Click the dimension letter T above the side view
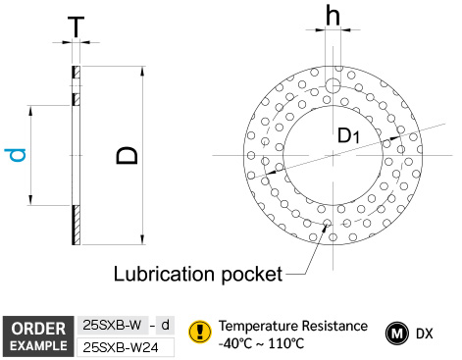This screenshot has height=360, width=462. point(76,27)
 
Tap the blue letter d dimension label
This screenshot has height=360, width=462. point(15,155)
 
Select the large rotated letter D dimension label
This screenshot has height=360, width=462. point(127,155)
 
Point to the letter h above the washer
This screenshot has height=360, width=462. point(333,16)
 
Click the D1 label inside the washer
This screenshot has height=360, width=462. point(348,135)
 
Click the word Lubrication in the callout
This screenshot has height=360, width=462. point(164,274)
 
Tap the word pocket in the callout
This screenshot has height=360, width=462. point(252,274)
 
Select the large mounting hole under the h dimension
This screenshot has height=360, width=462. point(333,86)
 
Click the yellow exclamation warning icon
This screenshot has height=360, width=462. point(200,332)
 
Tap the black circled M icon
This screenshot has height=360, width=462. point(397,334)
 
